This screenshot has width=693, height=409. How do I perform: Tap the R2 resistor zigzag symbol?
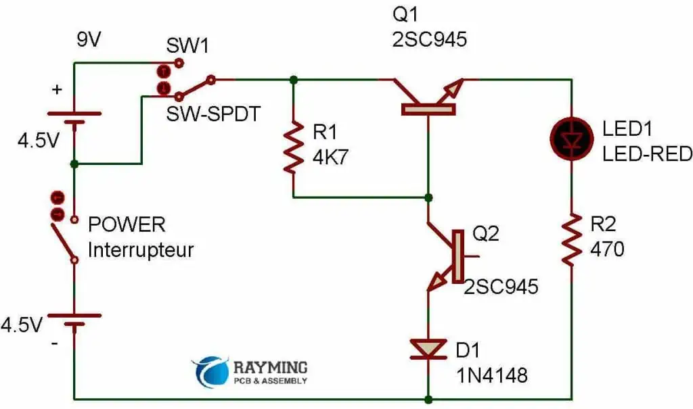572,238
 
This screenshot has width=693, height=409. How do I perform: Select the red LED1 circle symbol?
572,139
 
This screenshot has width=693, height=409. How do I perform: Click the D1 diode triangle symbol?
428,350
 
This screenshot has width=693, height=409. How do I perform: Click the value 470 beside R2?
606,249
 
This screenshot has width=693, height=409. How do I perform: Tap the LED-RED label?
647,154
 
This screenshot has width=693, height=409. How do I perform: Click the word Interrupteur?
141,250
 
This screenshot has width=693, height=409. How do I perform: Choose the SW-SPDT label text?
213,114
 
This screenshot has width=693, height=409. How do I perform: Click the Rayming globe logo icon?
209,371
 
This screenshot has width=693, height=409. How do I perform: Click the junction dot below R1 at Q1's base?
428,197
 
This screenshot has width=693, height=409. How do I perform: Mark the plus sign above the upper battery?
57,89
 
